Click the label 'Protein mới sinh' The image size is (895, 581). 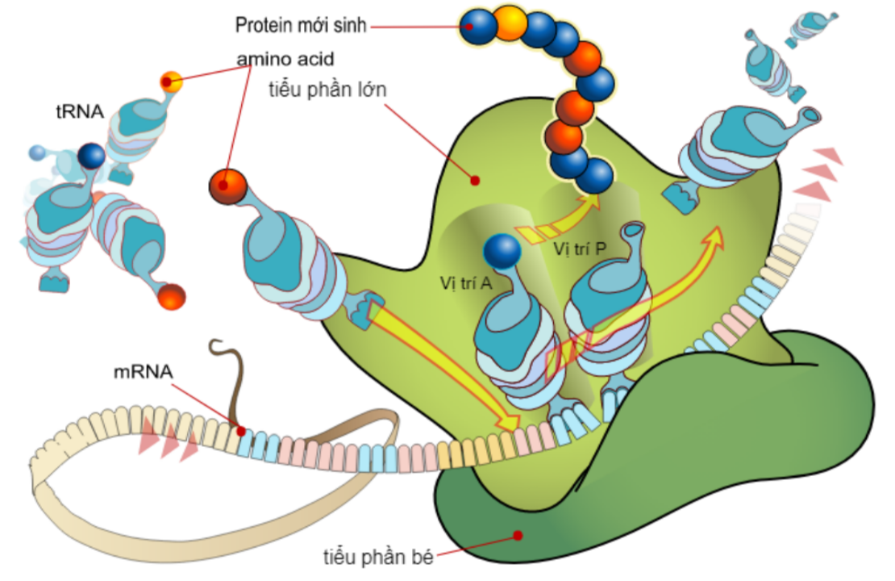301,26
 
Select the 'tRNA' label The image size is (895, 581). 80,113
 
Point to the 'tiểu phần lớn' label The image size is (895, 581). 327,90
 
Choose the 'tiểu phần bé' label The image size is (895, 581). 379,557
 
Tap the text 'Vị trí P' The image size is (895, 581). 581,249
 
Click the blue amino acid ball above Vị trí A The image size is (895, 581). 502,250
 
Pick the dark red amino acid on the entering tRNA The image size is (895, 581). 227,186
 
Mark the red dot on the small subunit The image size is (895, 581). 518,534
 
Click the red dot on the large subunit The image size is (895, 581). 475,181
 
